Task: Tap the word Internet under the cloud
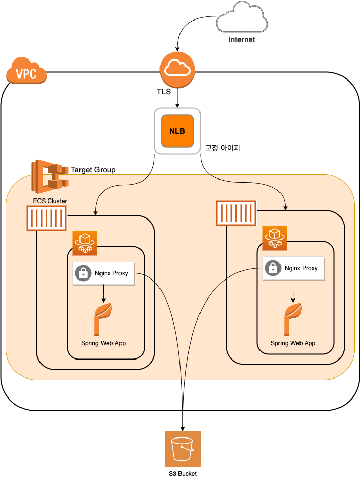[242, 39]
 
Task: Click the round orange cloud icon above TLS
[177, 70]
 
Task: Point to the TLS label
[164, 92]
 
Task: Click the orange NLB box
[177, 131]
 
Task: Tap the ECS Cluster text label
[50, 201]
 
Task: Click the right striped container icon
[236, 213]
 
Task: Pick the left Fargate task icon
[85, 243]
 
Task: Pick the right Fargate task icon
[274, 238]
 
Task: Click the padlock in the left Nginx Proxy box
[83, 273]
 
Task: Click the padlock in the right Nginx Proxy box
[273, 268]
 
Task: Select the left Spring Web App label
[103, 343]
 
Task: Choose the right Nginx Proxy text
[301, 268]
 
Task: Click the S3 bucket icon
[183, 449]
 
